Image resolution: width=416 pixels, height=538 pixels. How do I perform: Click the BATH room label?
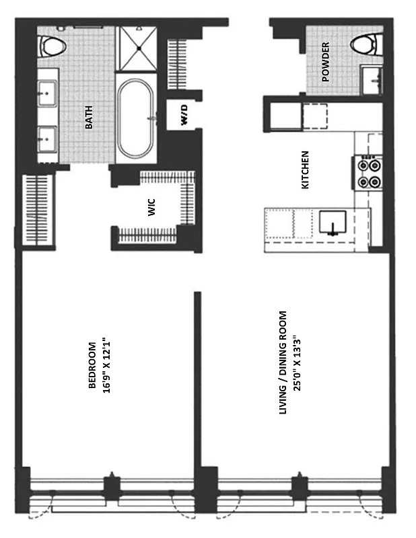coord(89,116)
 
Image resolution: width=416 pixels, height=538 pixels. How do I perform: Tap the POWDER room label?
coord(326,62)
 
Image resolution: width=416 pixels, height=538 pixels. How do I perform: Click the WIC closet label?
coord(151,207)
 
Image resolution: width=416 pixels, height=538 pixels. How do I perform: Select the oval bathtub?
coord(137,118)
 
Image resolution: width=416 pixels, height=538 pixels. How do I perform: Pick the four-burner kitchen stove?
coord(368,171)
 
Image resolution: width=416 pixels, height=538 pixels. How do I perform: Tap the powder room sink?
coord(372,81)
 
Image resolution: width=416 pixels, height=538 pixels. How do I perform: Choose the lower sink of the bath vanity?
coord(48,140)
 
